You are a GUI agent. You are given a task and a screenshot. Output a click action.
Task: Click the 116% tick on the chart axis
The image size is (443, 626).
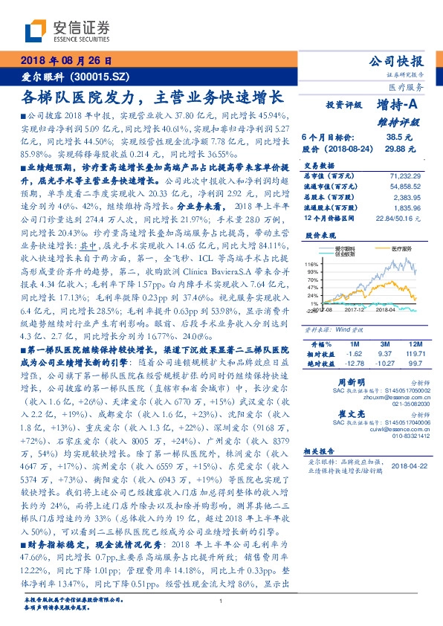pos(311,264)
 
